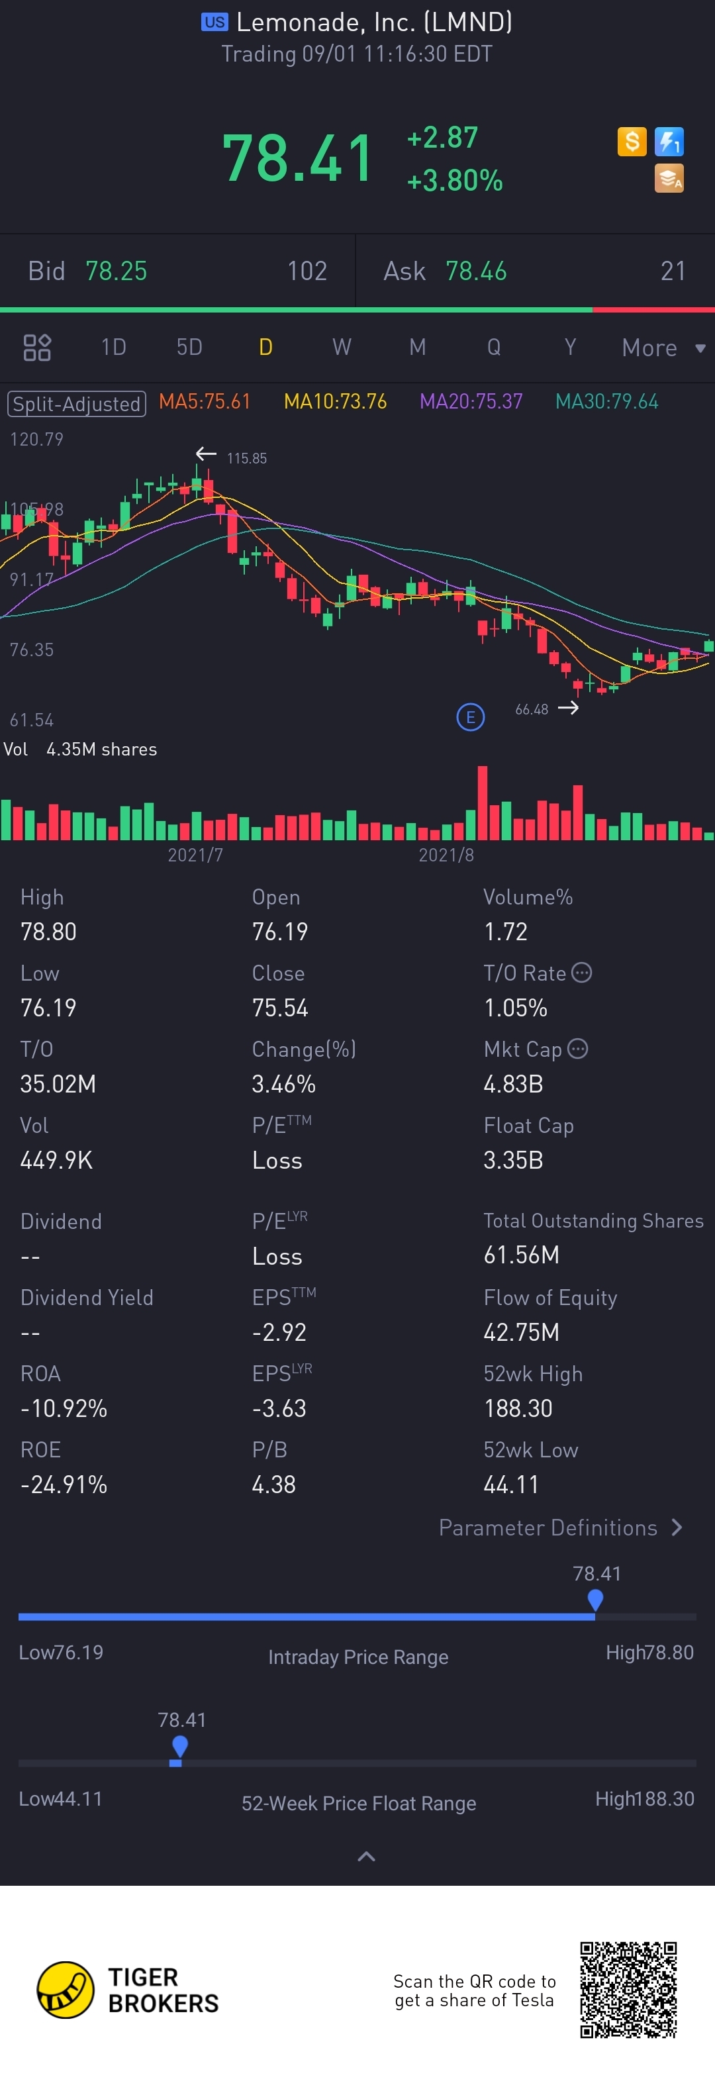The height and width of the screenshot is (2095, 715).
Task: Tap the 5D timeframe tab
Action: click(x=189, y=347)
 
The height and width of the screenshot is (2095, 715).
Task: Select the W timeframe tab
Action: click(x=342, y=347)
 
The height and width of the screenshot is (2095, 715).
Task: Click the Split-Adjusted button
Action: click(x=76, y=403)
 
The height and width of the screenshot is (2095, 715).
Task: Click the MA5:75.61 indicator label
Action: click(x=204, y=402)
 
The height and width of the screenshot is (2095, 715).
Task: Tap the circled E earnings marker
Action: click(x=470, y=716)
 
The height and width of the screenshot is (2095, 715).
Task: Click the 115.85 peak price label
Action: click(x=246, y=459)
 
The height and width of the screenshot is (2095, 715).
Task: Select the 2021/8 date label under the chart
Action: click(x=446, y=855)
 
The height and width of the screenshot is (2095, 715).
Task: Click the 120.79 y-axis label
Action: click(x=36, y=439)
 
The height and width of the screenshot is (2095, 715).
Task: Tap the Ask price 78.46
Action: click(x=476, y=271)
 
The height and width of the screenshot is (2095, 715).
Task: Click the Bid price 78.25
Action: click(x=117, y=271)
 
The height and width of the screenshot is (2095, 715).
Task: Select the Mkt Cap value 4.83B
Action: click(x=512, y=1084)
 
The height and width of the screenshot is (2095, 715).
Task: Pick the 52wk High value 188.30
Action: click(x=518, y=1408)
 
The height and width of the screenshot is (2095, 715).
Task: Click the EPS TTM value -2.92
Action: click(x=279, y=1332)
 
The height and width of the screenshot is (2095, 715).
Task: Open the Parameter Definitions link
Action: click(x=559, y=1528)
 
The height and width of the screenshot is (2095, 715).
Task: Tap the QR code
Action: click(x=628, y=1989)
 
